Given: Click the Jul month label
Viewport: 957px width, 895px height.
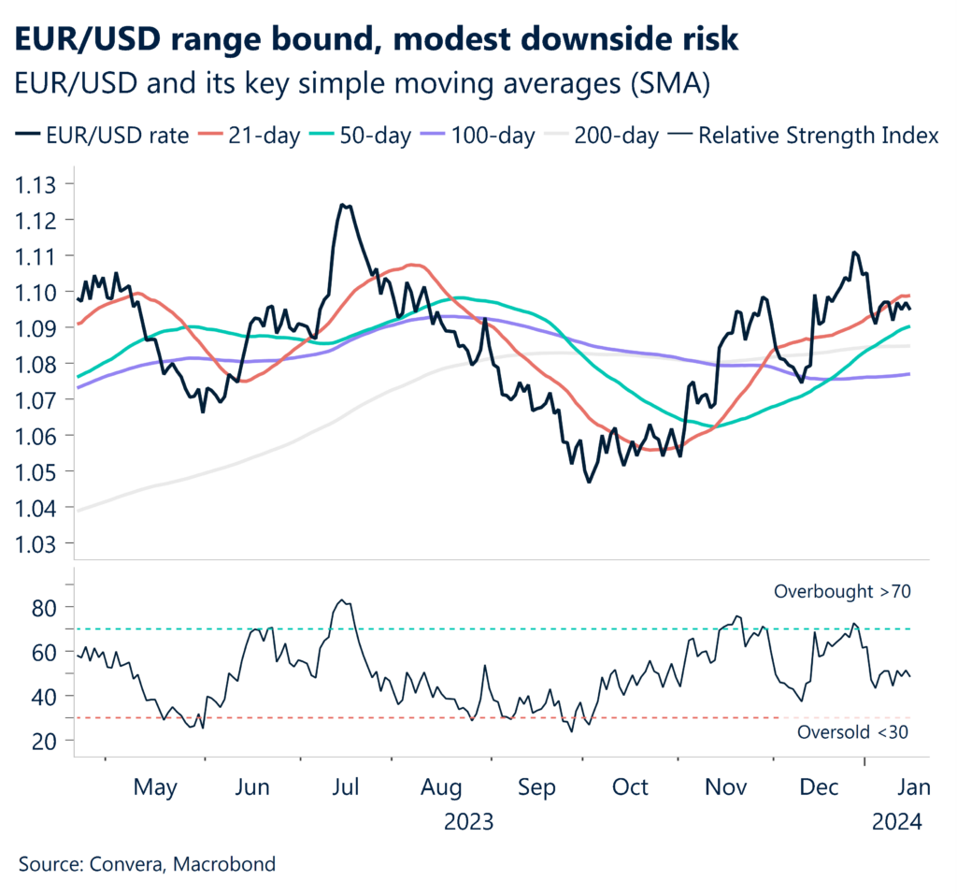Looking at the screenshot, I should pos(346,788).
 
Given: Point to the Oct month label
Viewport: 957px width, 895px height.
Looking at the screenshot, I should pos(630,788).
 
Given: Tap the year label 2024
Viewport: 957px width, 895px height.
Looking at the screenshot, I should pos(896,823).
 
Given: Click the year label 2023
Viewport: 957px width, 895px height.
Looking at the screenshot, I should pos(469,823).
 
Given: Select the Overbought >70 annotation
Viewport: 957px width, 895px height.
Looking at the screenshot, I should pos(841,591).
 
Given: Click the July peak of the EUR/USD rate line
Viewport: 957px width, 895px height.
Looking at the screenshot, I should pos(344,205).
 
